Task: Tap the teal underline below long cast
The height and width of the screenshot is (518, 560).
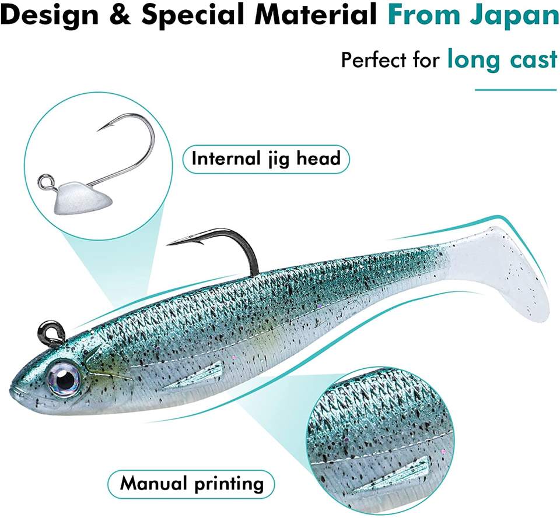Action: (516, 90)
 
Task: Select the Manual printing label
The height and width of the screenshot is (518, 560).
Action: (191, 483)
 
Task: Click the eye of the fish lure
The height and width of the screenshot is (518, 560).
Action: (65, 380)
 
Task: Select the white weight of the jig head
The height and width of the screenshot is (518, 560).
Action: (85, 195)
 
